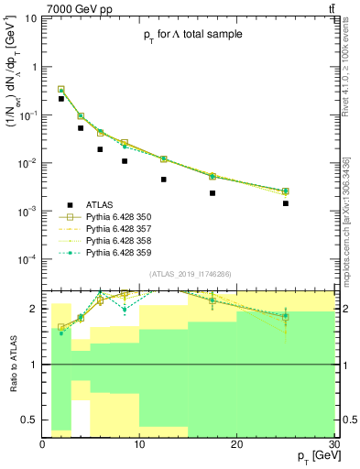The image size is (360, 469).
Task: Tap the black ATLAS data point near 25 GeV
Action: (286, 203)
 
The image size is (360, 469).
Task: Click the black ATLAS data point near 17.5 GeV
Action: (213, 193)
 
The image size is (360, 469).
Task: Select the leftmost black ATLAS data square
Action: (61, 99)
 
